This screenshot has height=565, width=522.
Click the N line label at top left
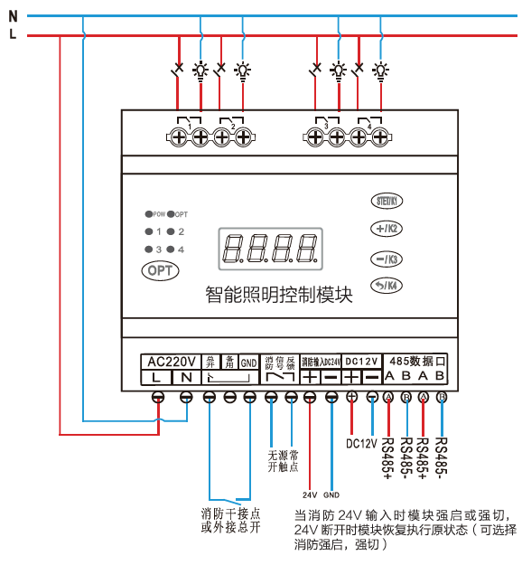pyautogui.click(x=12, y=15)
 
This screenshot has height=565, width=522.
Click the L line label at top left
pyautogui.click(x=12, y=34)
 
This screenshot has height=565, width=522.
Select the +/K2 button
pyautogui.click(x=388, y=229)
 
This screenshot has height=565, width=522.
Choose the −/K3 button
pyautogui.click(x=388, y=258)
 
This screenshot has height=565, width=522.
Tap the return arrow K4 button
pyautogui.click(x=388, y=287)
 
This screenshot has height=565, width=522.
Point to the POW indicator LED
pyautogui.click(x=148, y=214)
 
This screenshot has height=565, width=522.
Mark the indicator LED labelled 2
pyautogui.click(x=170, y=231)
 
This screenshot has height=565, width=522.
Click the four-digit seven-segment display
pyautogui.click(x=270, y=247)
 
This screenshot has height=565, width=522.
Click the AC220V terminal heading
pyautogui.click(x=172, y=361)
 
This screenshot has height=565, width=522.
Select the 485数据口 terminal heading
pyautogui.click(x=417, y=360)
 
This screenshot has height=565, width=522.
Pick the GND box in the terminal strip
pyautogui.click(x=248, y=362)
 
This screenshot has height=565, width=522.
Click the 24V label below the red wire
pyautogui.click(x=310, y=495)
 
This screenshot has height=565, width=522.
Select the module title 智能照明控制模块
pyautogui.click(x=278, y=295)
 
